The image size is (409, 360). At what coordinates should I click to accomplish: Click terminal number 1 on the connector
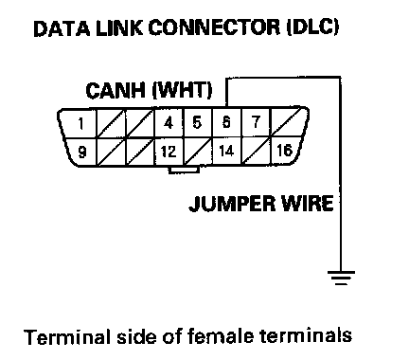(81, 123)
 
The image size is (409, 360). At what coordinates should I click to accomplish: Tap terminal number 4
(169, 123)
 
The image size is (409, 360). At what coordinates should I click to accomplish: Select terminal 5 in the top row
(197, 122)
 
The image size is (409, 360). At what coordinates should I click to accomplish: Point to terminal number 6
(226, 122)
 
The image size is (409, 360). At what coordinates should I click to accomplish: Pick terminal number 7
(256, 122)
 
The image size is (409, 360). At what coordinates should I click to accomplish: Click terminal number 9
(82, 153)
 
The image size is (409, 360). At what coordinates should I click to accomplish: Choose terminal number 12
(169, 152)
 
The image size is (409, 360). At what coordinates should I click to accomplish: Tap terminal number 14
(226, 151)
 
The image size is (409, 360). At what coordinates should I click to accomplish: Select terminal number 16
(285, 150)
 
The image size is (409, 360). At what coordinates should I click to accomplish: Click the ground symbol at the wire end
(341, 278)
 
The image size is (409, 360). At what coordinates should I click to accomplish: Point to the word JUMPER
(232, 204)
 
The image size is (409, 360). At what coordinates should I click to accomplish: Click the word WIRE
(307, 203)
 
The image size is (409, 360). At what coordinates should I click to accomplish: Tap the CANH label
(116, 90)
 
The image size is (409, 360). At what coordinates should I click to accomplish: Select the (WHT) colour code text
(182, 90)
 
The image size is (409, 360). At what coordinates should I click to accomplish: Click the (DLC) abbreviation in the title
(312, 27)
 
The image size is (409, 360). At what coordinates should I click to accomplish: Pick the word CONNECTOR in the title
(214, 27)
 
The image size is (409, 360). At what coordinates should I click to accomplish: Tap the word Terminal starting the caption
(67, 336)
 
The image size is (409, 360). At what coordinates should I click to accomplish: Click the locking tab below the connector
(184, 170)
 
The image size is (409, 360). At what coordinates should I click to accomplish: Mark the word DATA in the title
(62, 28)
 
